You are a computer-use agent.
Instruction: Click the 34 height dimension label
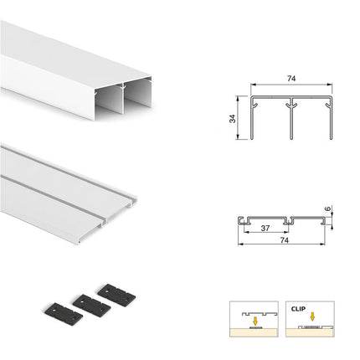tap(233, 118)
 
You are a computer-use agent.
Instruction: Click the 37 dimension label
tap(265, 228)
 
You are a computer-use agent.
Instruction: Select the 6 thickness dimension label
tap(328, 208)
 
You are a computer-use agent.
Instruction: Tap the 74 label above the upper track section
tap(291, 79)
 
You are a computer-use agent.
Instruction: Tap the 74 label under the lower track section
tap(284, 240)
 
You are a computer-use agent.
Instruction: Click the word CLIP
tap(298, 309)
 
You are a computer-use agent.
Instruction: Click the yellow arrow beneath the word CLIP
tap(312, 316)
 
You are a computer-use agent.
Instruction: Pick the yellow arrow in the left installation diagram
tap(255, 321)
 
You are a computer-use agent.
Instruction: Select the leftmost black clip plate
tap(64, 314)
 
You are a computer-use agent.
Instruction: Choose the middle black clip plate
tap(91, 306)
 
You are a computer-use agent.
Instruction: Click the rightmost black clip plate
tap(116, 296)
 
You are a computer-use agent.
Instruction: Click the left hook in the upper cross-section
tap(255, 105)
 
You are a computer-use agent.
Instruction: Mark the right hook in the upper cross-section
tap(327, 105)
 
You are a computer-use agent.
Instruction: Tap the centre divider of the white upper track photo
tap(122, 99)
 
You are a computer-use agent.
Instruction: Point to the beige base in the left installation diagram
tap(254, 332)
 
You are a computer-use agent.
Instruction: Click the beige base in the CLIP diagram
tap(310, 332)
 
